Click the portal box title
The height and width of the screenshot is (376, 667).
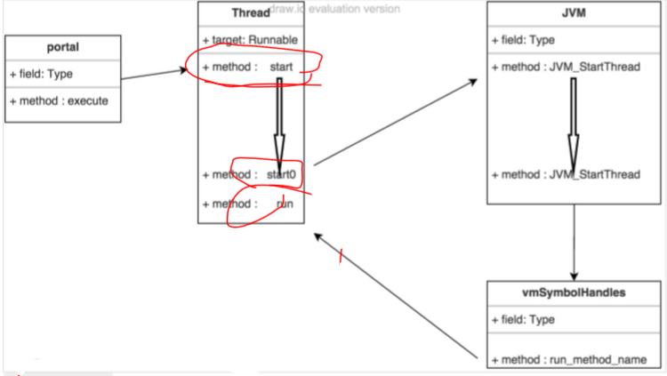(x=62, y=47)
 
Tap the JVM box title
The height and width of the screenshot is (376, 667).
(x=573, y=14)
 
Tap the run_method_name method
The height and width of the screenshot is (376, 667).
(x=569, y=359)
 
